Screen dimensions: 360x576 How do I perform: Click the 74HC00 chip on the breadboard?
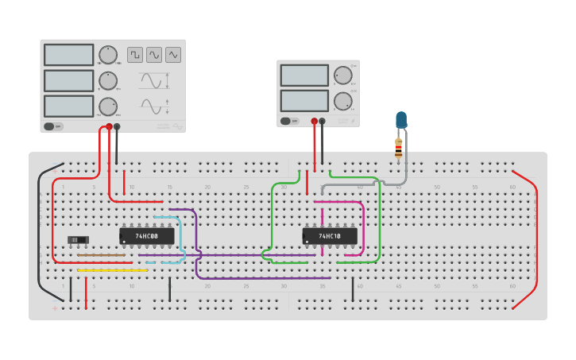(x=146, y=236)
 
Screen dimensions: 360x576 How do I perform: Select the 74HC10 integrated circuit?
(x=329, y=236)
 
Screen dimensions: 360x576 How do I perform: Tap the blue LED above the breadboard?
(x=400, y=120)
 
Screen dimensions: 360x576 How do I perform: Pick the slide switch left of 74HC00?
(x=77, y=239)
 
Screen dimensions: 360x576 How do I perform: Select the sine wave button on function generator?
(x=154, y=55)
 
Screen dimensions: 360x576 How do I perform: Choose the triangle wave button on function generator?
(x=173, y=55)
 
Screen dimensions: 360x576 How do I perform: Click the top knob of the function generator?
(x=108, y=55)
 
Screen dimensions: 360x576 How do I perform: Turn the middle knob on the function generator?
(x=108, y=80)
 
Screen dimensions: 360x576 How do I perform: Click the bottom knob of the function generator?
(x=108, y=106)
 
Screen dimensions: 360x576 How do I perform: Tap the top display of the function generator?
(x=69, y=55)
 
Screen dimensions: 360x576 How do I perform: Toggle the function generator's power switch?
(x=53, y=126)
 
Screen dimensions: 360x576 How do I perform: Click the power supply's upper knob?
(x=342, y=75)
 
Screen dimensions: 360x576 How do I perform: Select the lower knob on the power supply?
(x=342, y=101)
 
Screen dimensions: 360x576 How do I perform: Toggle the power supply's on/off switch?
(x=289, y=122)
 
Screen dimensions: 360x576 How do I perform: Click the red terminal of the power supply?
(x=315, y=122)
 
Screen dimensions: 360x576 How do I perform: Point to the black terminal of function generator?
(x=117, y=126)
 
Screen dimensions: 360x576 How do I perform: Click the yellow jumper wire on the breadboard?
(x=112, y=270)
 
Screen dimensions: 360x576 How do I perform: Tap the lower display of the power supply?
(x=304, y=101)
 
